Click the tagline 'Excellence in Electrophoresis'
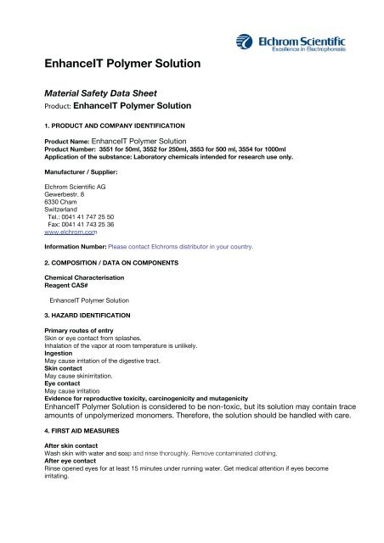click(307, 50)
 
